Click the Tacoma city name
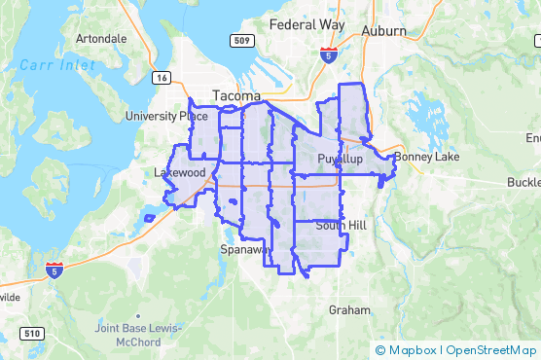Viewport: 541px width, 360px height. (236, 96)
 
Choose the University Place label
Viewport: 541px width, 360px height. (166, 116)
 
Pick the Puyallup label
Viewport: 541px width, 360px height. (340, 158)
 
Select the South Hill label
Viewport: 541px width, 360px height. (341, 226)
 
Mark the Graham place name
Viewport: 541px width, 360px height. (350, 310)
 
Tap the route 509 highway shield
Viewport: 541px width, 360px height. (244, 41)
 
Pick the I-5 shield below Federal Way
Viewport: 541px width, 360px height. (329, 54)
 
